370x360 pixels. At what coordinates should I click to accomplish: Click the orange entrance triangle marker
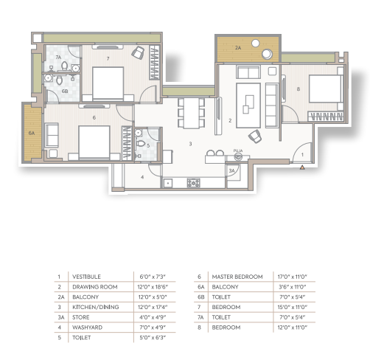[302, 167]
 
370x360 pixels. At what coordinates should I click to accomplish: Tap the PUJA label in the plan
[238, 150]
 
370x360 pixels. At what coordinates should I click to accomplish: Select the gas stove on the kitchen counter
[194, 183]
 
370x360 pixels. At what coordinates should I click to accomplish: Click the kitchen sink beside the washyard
[168, 183]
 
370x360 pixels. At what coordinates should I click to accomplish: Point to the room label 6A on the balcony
[32, 134]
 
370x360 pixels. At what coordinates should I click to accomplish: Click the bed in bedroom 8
[326, 89]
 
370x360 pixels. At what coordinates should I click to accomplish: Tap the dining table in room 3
[192, 113]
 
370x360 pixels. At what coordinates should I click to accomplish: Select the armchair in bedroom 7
[138, 52]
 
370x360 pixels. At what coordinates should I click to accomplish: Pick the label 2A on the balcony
[238, 48]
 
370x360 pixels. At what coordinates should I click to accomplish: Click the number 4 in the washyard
[142, 177]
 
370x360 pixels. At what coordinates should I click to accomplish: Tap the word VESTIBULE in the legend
[86, 277]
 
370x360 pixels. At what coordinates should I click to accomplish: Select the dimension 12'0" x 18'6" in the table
[153, 287]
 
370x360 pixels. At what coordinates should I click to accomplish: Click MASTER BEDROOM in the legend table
[237, 277]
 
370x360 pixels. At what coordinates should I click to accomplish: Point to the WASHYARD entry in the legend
[87, 328]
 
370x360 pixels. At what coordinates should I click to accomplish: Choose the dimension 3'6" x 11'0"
[293, 287]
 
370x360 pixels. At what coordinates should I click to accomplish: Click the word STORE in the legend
[81, 317]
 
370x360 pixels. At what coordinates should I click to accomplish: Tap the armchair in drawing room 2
[255, 136]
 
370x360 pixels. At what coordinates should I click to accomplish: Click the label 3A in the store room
[231, 170]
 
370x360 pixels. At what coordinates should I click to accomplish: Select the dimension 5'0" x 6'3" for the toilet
[153, 338]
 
